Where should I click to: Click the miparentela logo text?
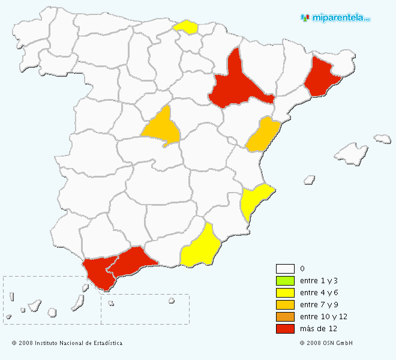tap(340, 18)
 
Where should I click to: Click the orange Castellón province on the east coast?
tap(262, 136)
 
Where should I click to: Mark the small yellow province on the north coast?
tap(186, 27)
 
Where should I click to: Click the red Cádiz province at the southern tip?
tap(99, 273)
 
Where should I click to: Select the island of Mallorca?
tap(352, 154)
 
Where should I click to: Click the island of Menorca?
tap(382, 139)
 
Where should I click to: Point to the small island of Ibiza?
tap(310, 179)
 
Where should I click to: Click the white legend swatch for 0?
tap(285, 269)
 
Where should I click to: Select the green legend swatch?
tap(285, 281)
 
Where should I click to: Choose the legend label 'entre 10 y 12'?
tap(323, 316)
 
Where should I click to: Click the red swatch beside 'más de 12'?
tap(285, 328)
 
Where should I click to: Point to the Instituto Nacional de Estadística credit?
tap(67, 343)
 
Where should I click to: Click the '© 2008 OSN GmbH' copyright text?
tap(326, 343)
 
